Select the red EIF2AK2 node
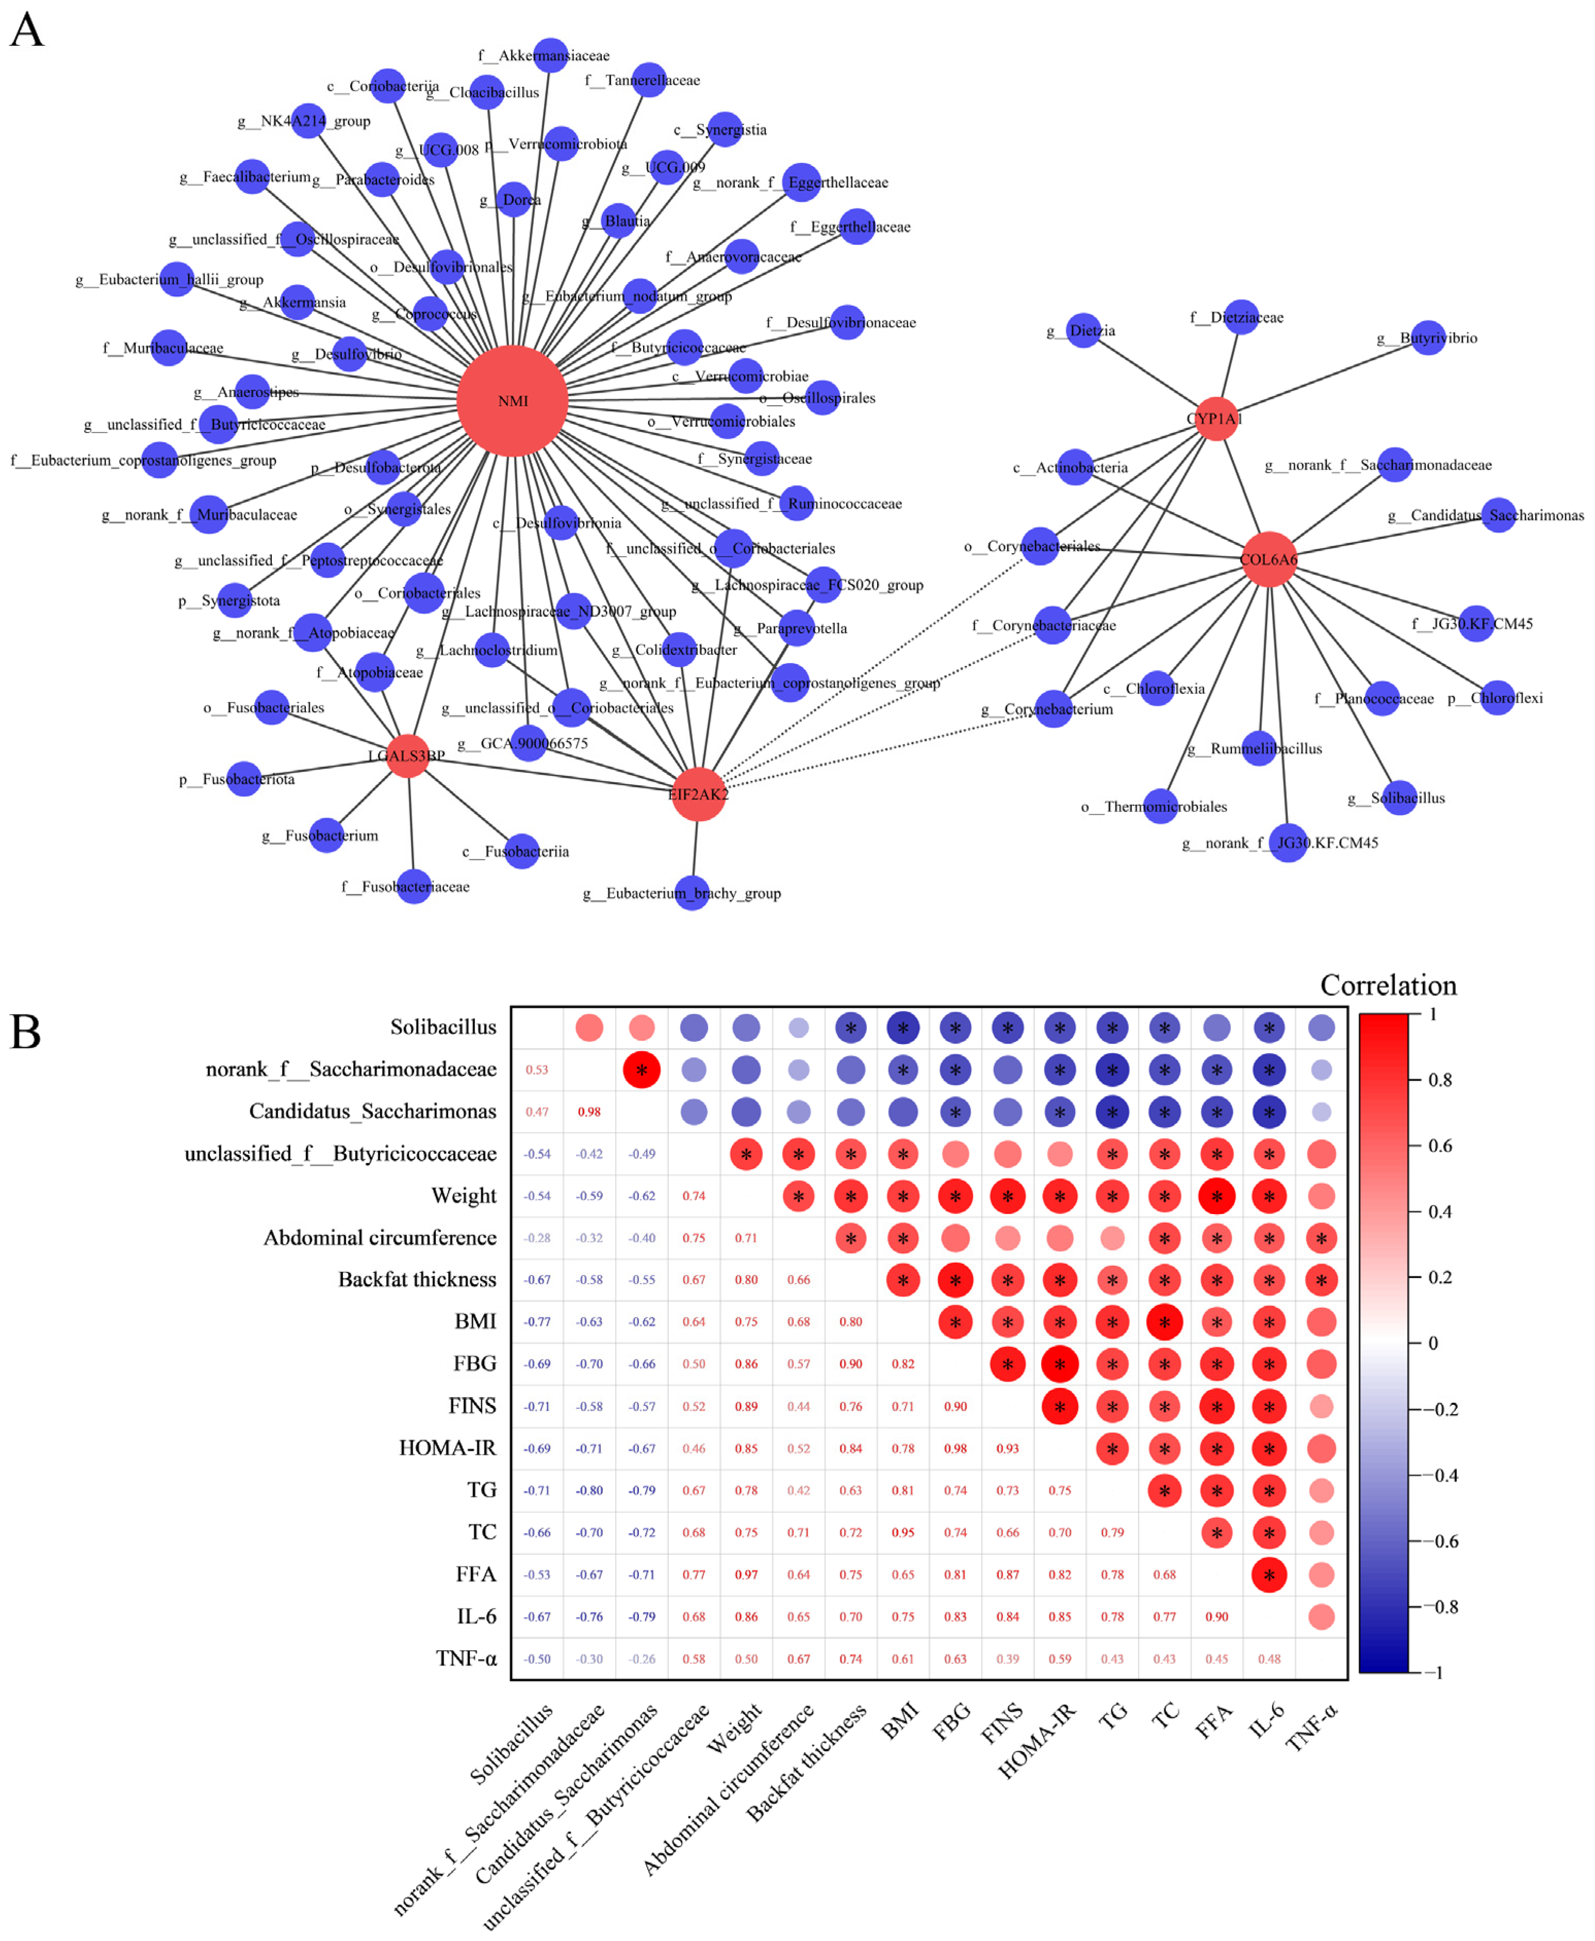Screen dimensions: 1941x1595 tap(698, 793)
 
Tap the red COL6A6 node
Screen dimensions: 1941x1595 tap(1269, 558)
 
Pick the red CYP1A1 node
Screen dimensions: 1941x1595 tap(1215, 419)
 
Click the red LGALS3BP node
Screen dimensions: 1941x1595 tap(408, 755)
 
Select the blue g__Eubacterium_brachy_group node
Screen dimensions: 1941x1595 tap(692, 892)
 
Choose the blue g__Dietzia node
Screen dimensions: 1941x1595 tap(1083, 330)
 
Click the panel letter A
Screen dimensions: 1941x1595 tap(27, 30)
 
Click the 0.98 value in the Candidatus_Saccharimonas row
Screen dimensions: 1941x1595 tap(589, 1111)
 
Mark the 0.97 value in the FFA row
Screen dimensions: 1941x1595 tap(746, 1574)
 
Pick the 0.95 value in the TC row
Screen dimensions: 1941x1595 tap(903, 1532)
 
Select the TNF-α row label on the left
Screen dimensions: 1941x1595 tap(466, 1659)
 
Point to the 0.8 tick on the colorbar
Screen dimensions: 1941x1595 tap(1439, 1080)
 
